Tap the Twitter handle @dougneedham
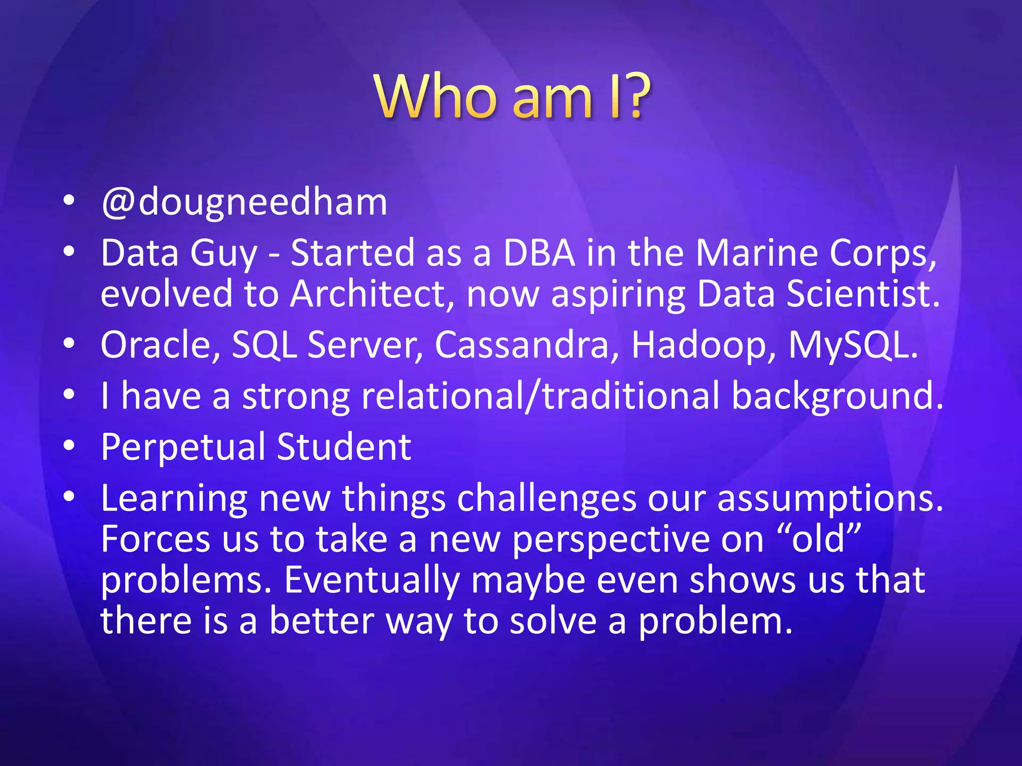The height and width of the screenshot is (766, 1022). tap(244, 202)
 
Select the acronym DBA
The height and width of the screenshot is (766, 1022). tap(539, 253)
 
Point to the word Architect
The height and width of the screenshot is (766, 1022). tap(372, 294)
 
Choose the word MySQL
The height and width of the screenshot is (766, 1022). tap(853, 345)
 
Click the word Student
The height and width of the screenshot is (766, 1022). tap(344, 446)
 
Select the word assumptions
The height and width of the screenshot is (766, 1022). tap(830, 499)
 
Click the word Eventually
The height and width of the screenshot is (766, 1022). tap(371, 580)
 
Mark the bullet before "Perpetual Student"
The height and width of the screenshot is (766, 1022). tap(69, 445)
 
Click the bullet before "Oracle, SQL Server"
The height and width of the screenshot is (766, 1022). tap(69, 343)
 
